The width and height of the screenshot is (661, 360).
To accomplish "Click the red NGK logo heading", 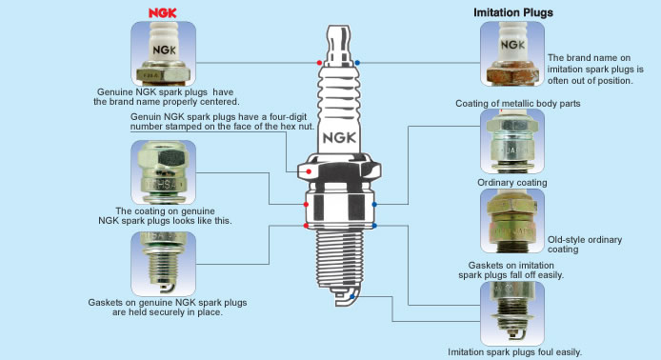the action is click(x=162, y=13).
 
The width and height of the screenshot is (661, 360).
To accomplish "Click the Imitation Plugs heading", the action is click(x=513, y=12).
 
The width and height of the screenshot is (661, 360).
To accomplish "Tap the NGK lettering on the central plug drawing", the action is click(x=339, y=138).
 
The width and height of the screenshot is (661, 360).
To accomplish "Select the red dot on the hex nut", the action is click(x=309, y=171).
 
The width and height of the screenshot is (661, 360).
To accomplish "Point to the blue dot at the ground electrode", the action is click(x=352, y=297).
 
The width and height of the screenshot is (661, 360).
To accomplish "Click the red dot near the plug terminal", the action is click(x=319, y=63).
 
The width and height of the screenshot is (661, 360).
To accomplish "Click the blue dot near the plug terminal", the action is click(x=357, y=63).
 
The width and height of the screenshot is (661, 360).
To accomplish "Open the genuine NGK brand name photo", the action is click(x=163, y=53).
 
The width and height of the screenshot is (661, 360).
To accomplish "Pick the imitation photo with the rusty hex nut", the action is click(x=512, y=53).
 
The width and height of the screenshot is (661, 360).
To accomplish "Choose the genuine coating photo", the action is click(x=163, y=172).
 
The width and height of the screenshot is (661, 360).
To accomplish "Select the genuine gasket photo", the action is click(x=163, y=264).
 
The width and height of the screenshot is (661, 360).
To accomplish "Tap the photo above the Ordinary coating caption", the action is click(x=512, y=141).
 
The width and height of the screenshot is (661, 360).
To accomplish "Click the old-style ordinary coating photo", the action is click(x=512, y=221).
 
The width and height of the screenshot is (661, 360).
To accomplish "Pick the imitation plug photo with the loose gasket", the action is click(x=512, y=313).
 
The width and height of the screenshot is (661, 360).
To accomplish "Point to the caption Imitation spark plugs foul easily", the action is click(x=514, y=352).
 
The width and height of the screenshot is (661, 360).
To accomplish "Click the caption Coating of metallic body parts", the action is click(x=518, y=103).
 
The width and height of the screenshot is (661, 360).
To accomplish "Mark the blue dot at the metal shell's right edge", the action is click(x=374, y=205).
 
